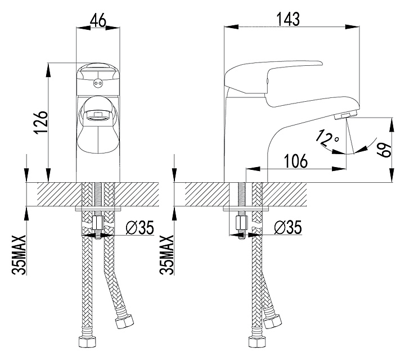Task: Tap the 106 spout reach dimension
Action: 295,161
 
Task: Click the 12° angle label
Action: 328,138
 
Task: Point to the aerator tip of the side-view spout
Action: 343,115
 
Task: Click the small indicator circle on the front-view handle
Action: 99,84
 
